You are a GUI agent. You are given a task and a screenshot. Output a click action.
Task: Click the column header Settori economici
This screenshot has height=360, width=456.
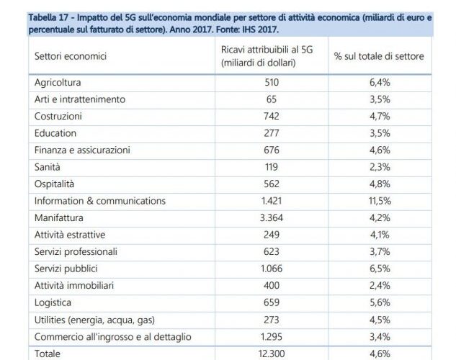pos(71,56)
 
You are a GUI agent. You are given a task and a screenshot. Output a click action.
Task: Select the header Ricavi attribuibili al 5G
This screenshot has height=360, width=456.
pos(267,50)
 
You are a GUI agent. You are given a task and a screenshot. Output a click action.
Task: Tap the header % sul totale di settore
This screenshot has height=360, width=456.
pos(379,56)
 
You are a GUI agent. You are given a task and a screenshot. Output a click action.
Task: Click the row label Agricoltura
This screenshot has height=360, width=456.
pos(58,83)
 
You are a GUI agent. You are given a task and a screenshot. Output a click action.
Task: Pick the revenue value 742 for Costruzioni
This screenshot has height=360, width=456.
pos(272,116)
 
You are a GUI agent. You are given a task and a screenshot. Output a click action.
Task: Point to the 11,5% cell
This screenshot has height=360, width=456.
pos(380,201)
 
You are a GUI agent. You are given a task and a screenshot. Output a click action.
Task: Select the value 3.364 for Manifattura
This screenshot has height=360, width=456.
pos(272,217)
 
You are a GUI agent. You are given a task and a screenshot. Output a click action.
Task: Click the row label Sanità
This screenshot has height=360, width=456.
pos(47,167)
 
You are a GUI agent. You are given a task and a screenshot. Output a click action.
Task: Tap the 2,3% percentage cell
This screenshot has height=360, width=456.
pos(380,167)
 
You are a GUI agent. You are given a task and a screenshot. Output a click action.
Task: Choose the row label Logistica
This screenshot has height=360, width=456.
pos(53,302)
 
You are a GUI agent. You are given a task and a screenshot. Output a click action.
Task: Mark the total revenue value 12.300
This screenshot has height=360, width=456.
pos(272,354)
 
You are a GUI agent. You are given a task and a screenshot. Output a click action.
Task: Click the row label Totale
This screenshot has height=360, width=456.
pos(48,354)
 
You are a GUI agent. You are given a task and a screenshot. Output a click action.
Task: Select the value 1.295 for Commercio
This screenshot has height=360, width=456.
pos(272,337)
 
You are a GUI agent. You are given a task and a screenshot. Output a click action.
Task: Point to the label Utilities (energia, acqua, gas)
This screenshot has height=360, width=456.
pos(94,320)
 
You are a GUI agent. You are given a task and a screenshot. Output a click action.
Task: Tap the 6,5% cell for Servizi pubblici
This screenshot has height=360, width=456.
pos(380,269)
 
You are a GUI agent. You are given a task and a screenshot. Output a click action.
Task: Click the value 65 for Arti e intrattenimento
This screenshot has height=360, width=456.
pos(272,99)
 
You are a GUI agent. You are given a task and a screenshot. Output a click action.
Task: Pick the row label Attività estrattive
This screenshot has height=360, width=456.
pos(70,235)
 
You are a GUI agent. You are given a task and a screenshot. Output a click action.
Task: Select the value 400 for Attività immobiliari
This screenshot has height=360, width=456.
pos(272,285)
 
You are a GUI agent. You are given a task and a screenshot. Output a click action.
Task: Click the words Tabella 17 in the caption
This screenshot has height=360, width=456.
pos(48,18)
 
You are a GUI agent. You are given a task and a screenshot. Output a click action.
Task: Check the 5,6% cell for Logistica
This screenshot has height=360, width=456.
pos(380,302)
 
